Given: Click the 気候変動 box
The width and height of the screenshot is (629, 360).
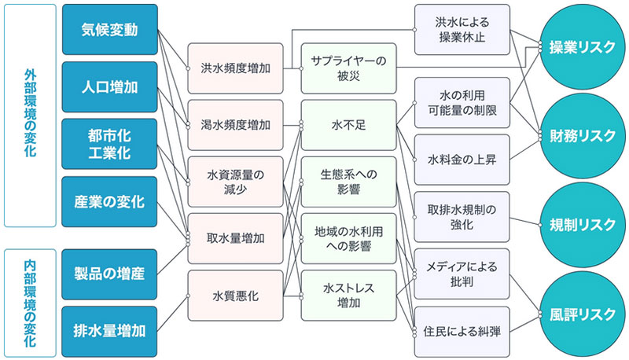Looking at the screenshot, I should click(109, 30).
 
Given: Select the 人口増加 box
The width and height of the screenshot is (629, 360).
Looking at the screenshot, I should click(109, 86).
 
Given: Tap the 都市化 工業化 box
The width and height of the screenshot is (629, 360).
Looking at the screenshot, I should click(109, 144).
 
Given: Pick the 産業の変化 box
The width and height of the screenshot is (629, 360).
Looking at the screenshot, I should click(109, 201).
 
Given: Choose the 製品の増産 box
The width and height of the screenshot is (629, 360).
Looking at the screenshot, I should click(109, 274).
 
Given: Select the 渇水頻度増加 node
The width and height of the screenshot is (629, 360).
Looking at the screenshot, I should click(236, 125).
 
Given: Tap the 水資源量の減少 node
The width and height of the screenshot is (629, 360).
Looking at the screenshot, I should click(236, 182).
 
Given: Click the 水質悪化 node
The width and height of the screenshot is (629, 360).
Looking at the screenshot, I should click(236, 296).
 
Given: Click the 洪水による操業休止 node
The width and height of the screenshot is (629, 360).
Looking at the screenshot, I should click(462, 30).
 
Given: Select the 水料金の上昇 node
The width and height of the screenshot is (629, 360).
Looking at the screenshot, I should click(462, 160).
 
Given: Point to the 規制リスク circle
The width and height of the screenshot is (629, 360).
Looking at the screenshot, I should click(583, 225).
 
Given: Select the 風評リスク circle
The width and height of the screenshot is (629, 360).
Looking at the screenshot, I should click(583, 313).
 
